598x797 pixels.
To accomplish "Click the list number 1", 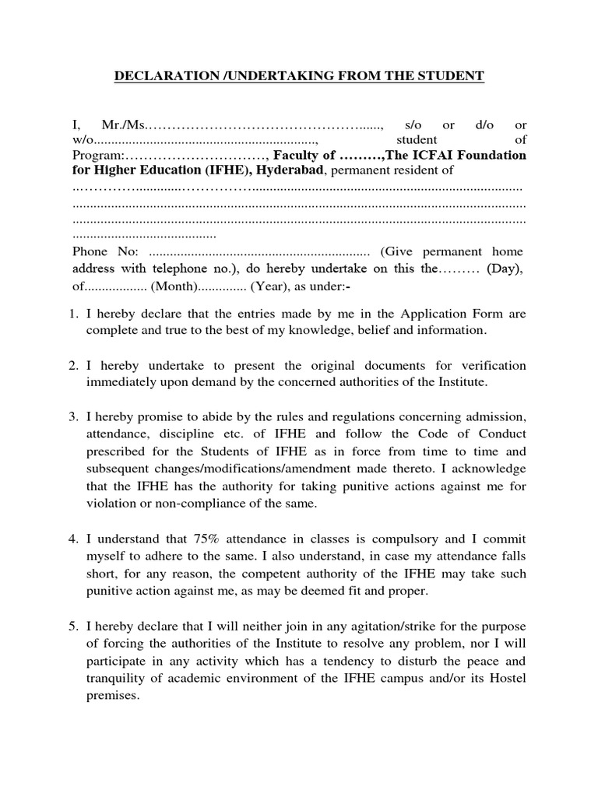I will [75, 314].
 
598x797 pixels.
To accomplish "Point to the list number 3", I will [75, 416].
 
